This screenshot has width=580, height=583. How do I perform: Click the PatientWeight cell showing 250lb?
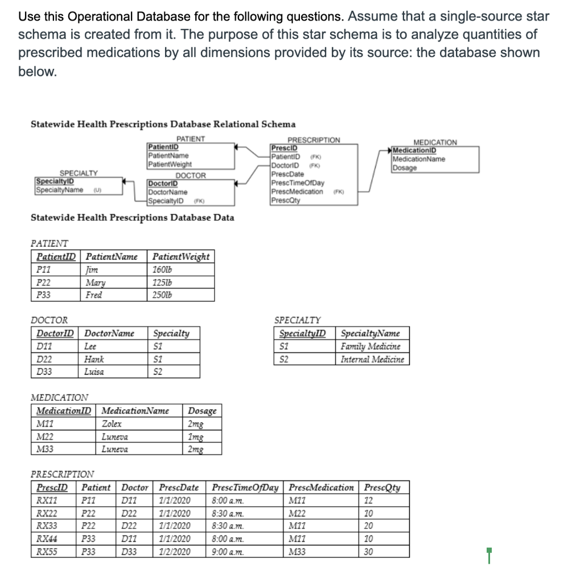(x=163, y=295)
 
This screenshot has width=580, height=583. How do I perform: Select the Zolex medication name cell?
(x=112, y=424)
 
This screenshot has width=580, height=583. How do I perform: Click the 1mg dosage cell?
(x=196, y=437)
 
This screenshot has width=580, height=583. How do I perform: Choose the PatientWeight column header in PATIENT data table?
(x=181, y=257)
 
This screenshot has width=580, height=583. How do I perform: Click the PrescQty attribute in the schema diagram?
(x=285, y=200)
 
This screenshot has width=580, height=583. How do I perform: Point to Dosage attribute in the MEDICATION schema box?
(x=405, y=168)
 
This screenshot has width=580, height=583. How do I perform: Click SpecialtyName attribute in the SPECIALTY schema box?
(x=60, y=190)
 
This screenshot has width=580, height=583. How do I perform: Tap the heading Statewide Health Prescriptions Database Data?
(x=131, y=217)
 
